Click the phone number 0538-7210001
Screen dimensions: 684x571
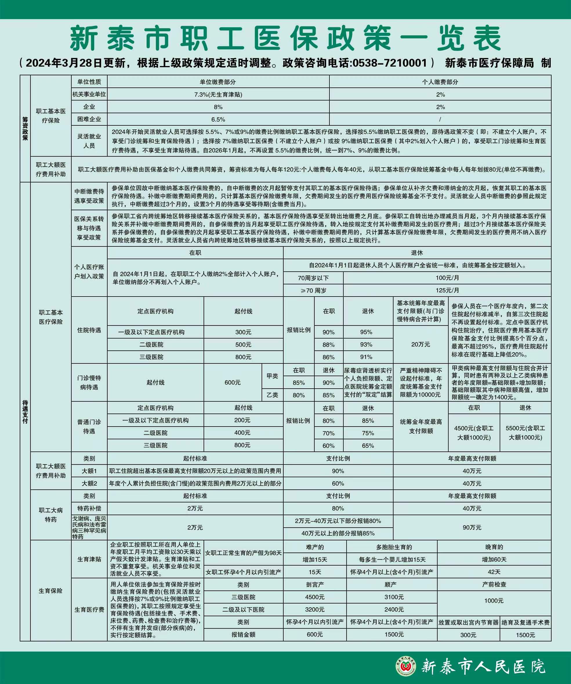click(x=389, y=63)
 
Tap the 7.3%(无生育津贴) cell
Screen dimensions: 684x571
click(x=218, y=94)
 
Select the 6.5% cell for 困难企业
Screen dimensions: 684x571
click(x=218, y=120)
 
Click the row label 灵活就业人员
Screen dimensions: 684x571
click(x=89, y=141)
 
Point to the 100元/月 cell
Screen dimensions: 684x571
click(x=447, y=278)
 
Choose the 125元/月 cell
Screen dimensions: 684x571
click(x=447, y=290)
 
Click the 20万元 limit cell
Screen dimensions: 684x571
click(x=421, y=344)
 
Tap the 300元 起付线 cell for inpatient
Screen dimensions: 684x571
click(x=243, y=332)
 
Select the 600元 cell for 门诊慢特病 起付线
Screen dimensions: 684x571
click(x=233, y=382)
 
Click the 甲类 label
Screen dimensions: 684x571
click(x=272, y=376)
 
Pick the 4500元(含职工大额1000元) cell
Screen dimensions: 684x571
click(x=474, y=433)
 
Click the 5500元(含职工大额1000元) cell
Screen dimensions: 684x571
click(x=525, y=433)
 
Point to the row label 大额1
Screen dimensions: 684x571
click(x=89, y=471)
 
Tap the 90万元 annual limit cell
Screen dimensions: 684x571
click(x=472, y=527)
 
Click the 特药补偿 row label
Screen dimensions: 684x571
click(x=89, y=509)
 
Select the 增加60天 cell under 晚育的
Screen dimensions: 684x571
click(x=494, y=559)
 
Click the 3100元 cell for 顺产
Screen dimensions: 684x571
click(x=394, y=597)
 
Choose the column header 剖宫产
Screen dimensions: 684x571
click(x=315, y=585)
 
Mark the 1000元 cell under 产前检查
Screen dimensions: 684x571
click(x=494, y=601)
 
